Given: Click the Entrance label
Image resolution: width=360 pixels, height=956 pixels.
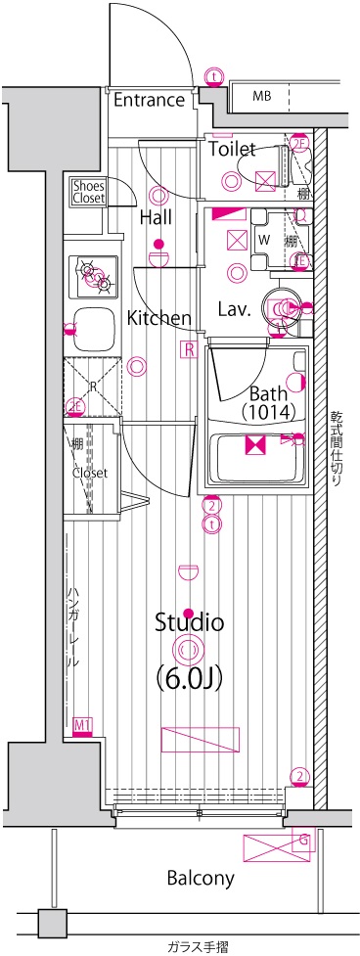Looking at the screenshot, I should (x=149, y=100).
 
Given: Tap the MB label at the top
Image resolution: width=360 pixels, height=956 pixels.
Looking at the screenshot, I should (x=262, y=96).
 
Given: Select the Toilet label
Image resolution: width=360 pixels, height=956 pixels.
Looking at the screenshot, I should (x=233, y=150).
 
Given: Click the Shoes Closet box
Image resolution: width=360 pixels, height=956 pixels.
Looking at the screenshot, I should (x=88, y=191).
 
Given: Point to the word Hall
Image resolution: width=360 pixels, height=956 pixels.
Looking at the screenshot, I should (x=157, y=217).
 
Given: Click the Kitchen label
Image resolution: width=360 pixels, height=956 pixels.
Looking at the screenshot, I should (x=158, y=317).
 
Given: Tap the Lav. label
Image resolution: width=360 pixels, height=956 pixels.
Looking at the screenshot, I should (x=236, y=310).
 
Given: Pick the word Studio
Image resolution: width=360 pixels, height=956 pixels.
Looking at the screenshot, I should (x=190, y=621).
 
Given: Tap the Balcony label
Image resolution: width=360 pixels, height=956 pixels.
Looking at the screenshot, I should (x=200, y=878).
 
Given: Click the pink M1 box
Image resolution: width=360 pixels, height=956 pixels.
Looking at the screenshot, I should (x=83, y=725).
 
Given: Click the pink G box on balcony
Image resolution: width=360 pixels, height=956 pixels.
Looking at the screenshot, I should (x=303, y=839).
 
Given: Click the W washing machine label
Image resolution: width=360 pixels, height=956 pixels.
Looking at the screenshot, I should (x=263, y=238).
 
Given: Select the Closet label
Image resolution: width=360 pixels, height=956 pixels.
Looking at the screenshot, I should (x=89, y=473).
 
